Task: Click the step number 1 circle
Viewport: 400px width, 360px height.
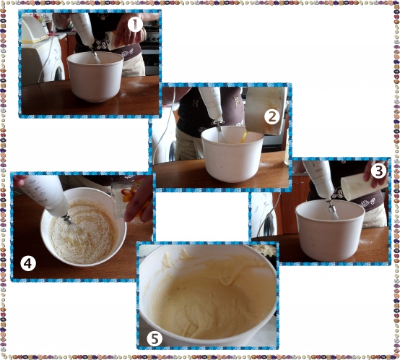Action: tap(135, 25)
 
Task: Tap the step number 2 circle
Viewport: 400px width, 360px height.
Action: tap(272, 117)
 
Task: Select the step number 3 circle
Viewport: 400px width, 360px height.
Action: tap(379, 171)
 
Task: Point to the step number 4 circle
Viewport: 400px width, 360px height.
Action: tap(28, 264)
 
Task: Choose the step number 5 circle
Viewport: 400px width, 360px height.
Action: tap(155, 338)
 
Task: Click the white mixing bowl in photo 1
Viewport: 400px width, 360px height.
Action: tap(95, 77)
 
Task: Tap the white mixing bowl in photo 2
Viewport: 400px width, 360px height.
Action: tap(232, 153)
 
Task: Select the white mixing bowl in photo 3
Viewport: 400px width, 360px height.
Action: tap(330, 230)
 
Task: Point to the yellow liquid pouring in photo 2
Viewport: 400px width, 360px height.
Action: tap(244, 137)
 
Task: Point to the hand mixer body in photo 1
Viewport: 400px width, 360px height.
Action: tap(82, 30)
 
